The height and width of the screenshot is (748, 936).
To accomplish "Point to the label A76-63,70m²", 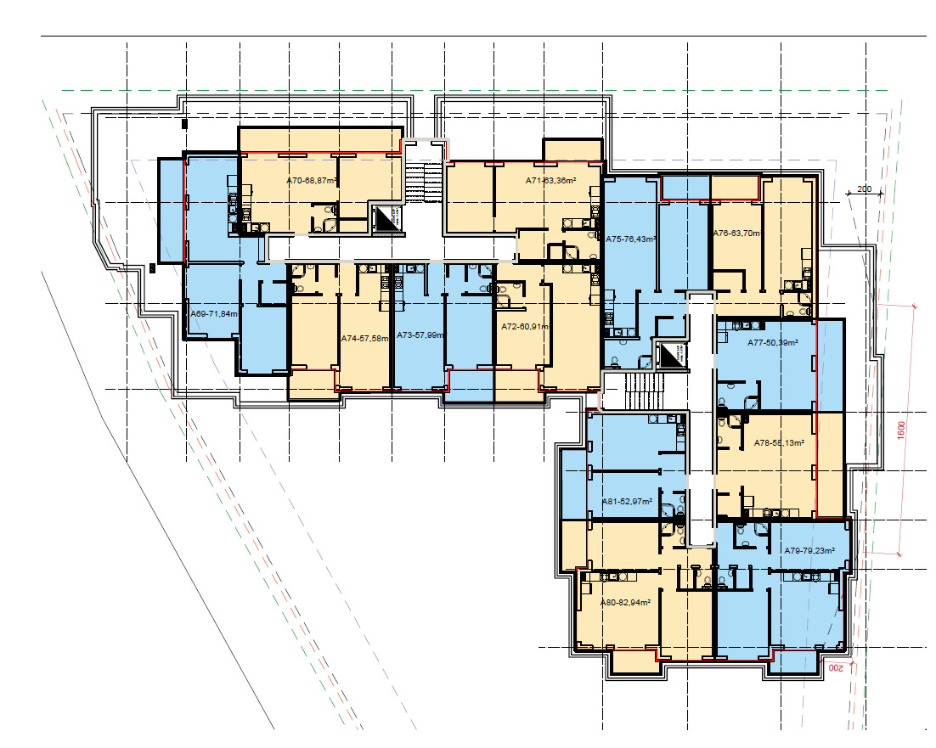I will click(x=736, y=233).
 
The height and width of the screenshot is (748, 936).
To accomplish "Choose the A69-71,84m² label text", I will click(x=213, y=314).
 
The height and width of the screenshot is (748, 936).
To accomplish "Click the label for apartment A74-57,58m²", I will click(x=364, y=338).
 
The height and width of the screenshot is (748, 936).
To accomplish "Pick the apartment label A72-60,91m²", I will click(x=526, y=326).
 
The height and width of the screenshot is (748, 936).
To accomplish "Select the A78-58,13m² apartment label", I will click(x=779, y=442).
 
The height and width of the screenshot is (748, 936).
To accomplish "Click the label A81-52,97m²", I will click(x=627, y=502).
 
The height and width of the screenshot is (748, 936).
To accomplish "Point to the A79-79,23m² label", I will click(x=809, y=550).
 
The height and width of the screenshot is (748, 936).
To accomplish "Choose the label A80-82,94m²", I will click(x=625, y=602).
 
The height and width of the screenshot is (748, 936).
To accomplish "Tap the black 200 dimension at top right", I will click(x=865, y=188).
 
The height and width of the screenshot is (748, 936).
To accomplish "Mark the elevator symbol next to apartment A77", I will click(x=671, y=355).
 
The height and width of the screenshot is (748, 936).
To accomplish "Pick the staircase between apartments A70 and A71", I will click(x=422, y=182).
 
